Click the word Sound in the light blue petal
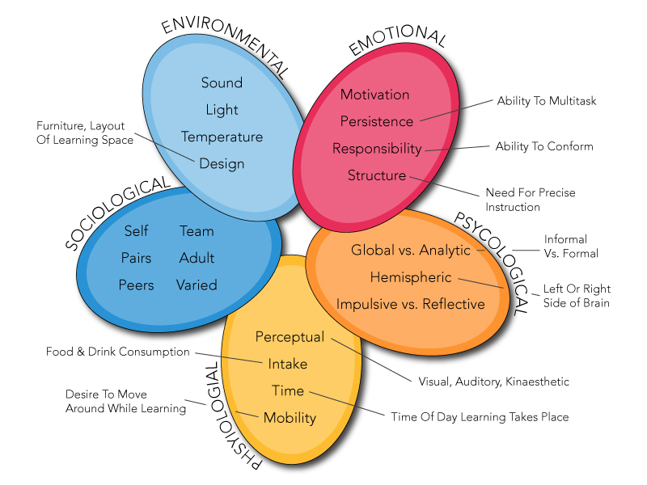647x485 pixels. [x=222, y=82]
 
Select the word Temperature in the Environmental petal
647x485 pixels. [x=222, y=137]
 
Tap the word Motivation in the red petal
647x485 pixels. [x=374, y=95]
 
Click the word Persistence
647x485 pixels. [x=376, y=121]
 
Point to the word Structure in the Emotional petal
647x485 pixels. [x=376, y=175]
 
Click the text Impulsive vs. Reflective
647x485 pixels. [x=411, y=304]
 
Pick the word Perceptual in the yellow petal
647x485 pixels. [x=290, y=336]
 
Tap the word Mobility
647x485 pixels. [x=290, y=418]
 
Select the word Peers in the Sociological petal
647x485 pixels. [x=136, y=285]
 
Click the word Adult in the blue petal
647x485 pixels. [x=197, y=258]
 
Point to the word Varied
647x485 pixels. [x=197, y=285]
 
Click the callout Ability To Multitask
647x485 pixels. [x=546, y=101]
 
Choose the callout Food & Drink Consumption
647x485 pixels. [x=117, y=352]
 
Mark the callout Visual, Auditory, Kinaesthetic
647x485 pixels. [x=493, y=382]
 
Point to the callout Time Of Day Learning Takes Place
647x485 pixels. [x=480, y=417]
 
